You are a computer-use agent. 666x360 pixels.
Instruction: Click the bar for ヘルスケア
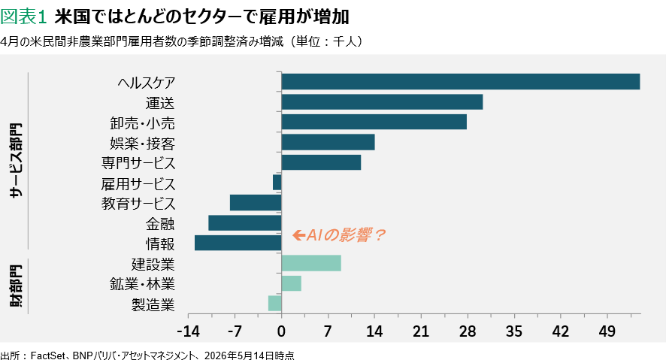(x=461, y=81)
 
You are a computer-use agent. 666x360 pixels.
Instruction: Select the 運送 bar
(x=382, y=102)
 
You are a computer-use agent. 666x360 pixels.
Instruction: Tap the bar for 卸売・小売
(x=374, y=122)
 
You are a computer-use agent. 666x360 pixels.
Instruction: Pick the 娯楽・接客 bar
(x=328, y=142)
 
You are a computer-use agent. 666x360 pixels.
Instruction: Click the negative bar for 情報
(x=238, y=243)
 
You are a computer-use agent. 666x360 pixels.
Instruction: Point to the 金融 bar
(x=244, y=223)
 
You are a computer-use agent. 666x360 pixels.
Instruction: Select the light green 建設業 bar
(x=311, y=263)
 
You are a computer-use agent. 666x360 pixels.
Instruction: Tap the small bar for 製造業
(x=275, y=304)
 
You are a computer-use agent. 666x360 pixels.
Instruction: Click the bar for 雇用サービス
(x=277, y=183)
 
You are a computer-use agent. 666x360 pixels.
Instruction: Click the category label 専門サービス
(x=138, y=163)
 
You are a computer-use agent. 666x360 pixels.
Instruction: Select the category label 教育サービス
(x=138, y=204)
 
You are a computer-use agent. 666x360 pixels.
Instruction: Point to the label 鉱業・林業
(x=142, y=284)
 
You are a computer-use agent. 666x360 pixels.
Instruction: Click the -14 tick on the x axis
(x=188, y=331)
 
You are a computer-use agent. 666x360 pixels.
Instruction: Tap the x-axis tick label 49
(x=607, y=331)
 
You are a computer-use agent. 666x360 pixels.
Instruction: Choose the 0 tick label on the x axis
(x=281, y=331)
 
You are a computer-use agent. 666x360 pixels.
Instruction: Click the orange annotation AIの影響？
(x=345, y=234)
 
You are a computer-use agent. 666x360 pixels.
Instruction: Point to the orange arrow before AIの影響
(x=298, y=234)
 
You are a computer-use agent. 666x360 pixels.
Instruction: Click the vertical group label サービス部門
(x=16, y=161)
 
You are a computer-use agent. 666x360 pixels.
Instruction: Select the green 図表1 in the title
(x=23, y=17)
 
